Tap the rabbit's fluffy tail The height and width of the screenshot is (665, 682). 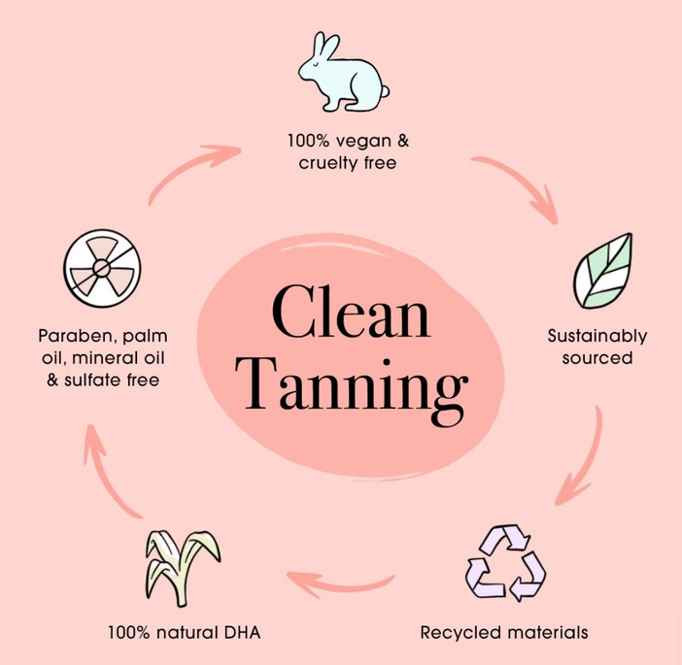[x=384, y=91]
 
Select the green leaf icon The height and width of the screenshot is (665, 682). [x=602, y=271]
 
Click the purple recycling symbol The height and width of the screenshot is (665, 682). [x=505, y=563]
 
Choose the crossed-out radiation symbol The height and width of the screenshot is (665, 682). [x=102, y=268]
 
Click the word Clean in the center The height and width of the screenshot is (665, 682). [x=351, y=312]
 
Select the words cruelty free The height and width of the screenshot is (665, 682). [x=348, y=163]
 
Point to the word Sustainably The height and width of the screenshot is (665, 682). [x=597, y=337]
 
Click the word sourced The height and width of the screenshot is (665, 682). [x=597, y=358]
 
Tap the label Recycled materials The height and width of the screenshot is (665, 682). [x=504, y=632]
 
